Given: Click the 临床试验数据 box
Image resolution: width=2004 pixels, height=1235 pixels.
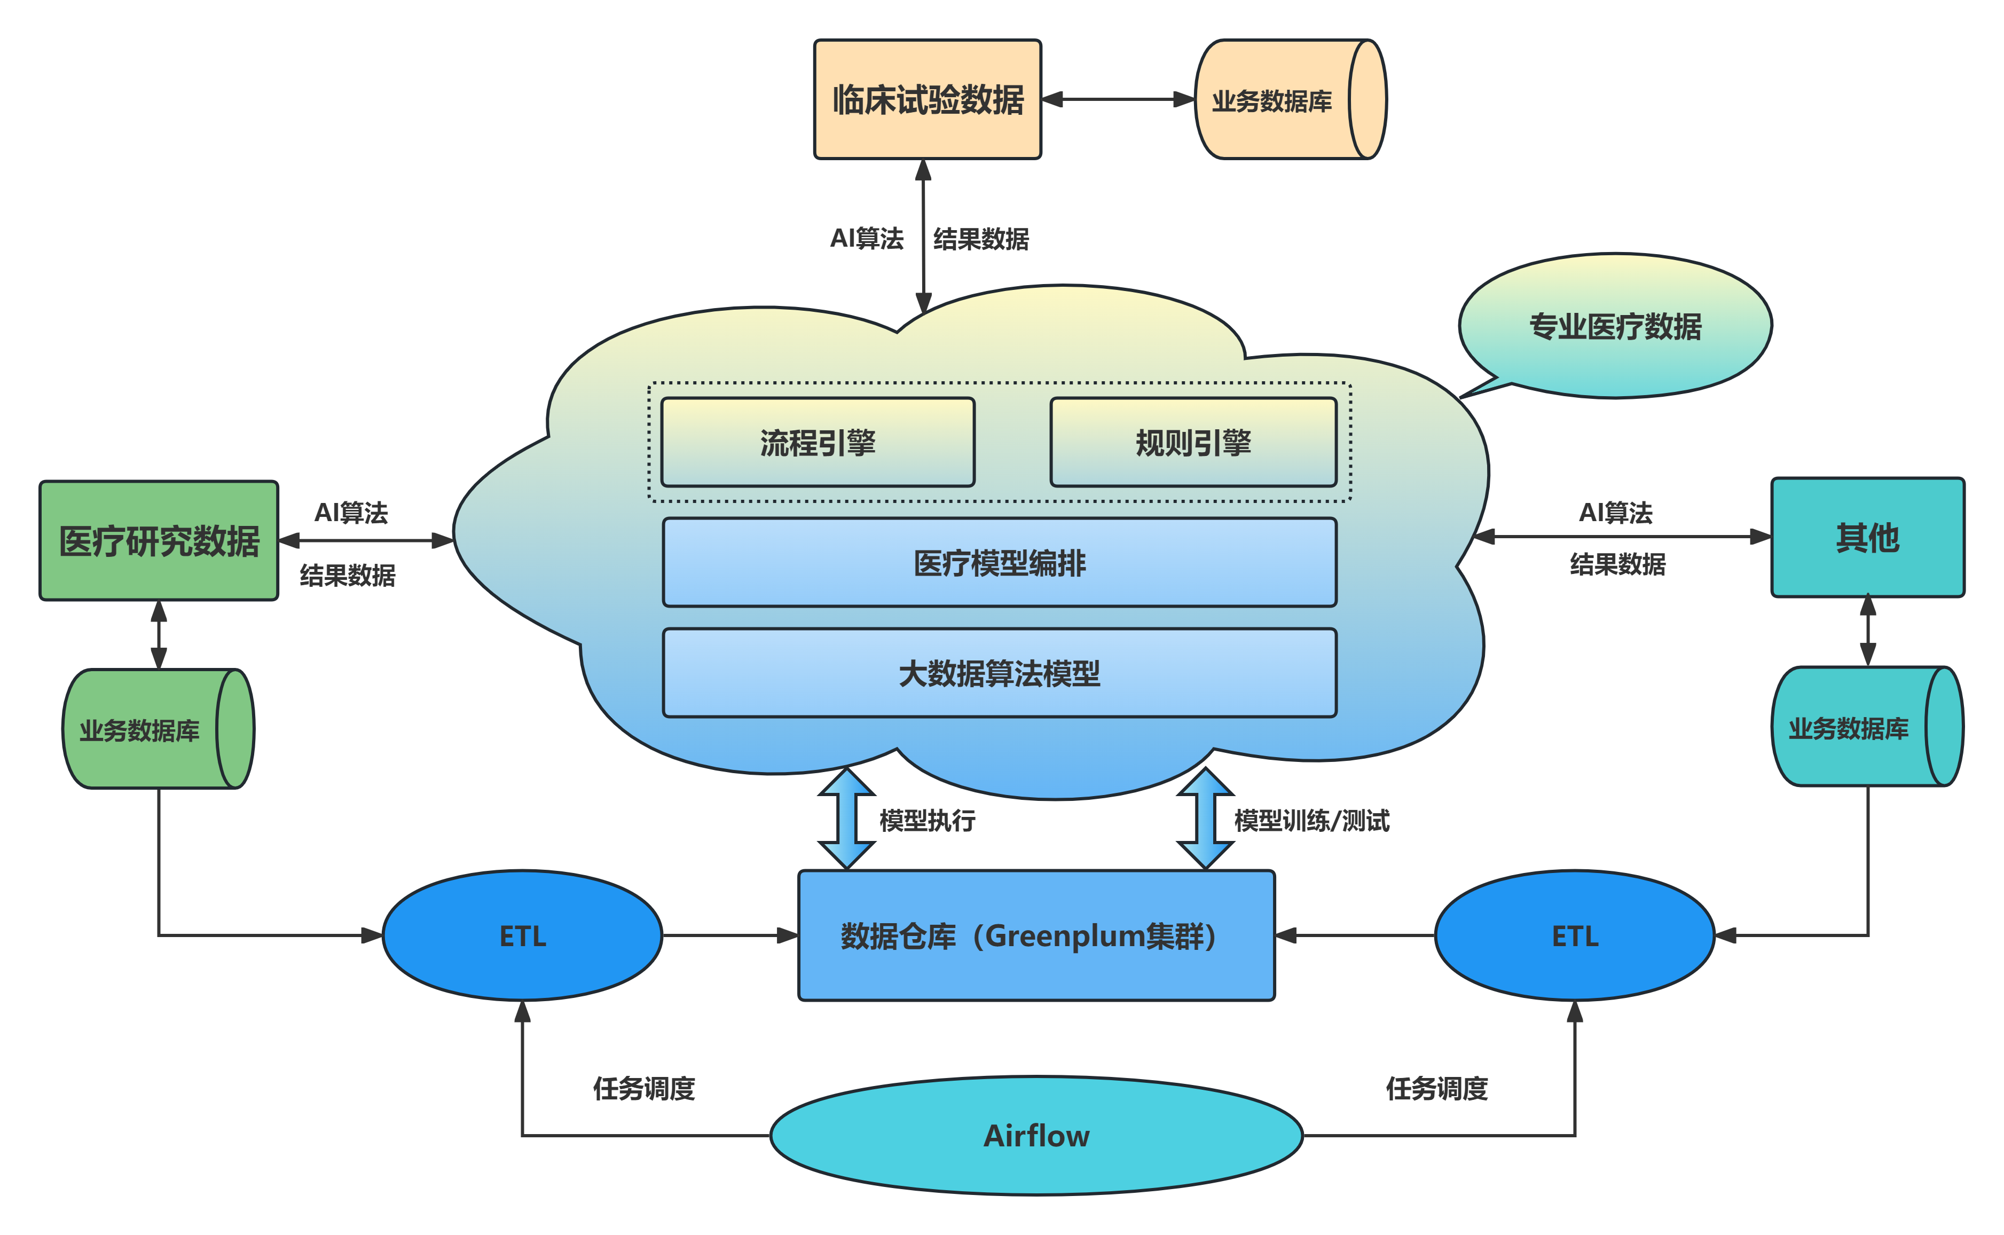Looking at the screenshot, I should tap(927, 100).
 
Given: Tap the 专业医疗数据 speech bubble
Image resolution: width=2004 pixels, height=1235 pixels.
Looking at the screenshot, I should tap(1615, 327).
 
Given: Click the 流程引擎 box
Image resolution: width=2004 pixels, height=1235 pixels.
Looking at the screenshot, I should tap(818, 443).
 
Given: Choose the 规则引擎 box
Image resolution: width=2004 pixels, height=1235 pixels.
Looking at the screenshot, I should tap(1192, 443).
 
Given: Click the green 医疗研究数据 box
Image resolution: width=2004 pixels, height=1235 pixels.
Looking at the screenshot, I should tap(159, 541).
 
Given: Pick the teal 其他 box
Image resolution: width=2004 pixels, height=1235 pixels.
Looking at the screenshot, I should tap(1867, 538).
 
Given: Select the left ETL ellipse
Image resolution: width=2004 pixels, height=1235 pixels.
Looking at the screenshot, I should tap(523, 935).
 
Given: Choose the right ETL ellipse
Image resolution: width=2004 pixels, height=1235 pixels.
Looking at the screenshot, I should tap(1575, 935).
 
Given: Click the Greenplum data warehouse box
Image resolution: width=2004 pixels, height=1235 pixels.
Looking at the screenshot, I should tap(1035, 935).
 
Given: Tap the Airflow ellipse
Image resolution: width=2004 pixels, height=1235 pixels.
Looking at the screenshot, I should tap(1035, 1135).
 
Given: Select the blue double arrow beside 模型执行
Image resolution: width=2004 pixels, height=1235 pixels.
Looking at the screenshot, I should tap(847, 819).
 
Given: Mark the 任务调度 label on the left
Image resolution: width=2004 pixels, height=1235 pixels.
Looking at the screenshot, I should tap(643, 1088).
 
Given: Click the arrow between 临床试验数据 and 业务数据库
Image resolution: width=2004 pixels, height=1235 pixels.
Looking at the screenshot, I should tap(1118, 100).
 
